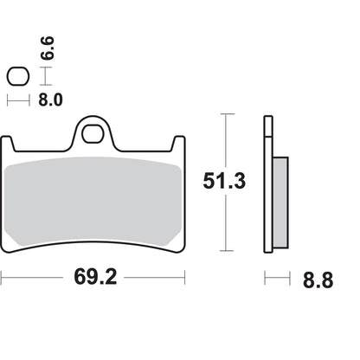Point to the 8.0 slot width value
tap(49, 100)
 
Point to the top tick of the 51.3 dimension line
tap(225, 114)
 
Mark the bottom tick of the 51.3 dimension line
tap(225, 252)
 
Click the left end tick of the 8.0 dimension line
tap(8, 100)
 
